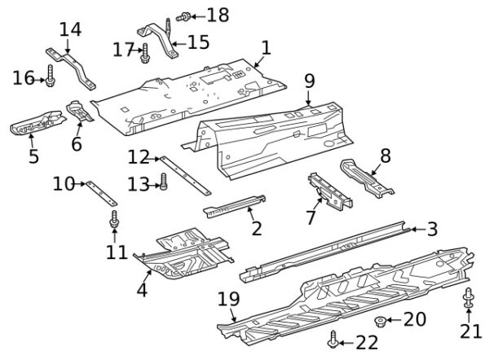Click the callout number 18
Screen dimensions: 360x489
(218, 15)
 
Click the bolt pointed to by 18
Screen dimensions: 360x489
(183, 16)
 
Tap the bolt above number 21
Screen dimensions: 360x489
(469, 299)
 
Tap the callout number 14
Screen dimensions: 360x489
(71, 29)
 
